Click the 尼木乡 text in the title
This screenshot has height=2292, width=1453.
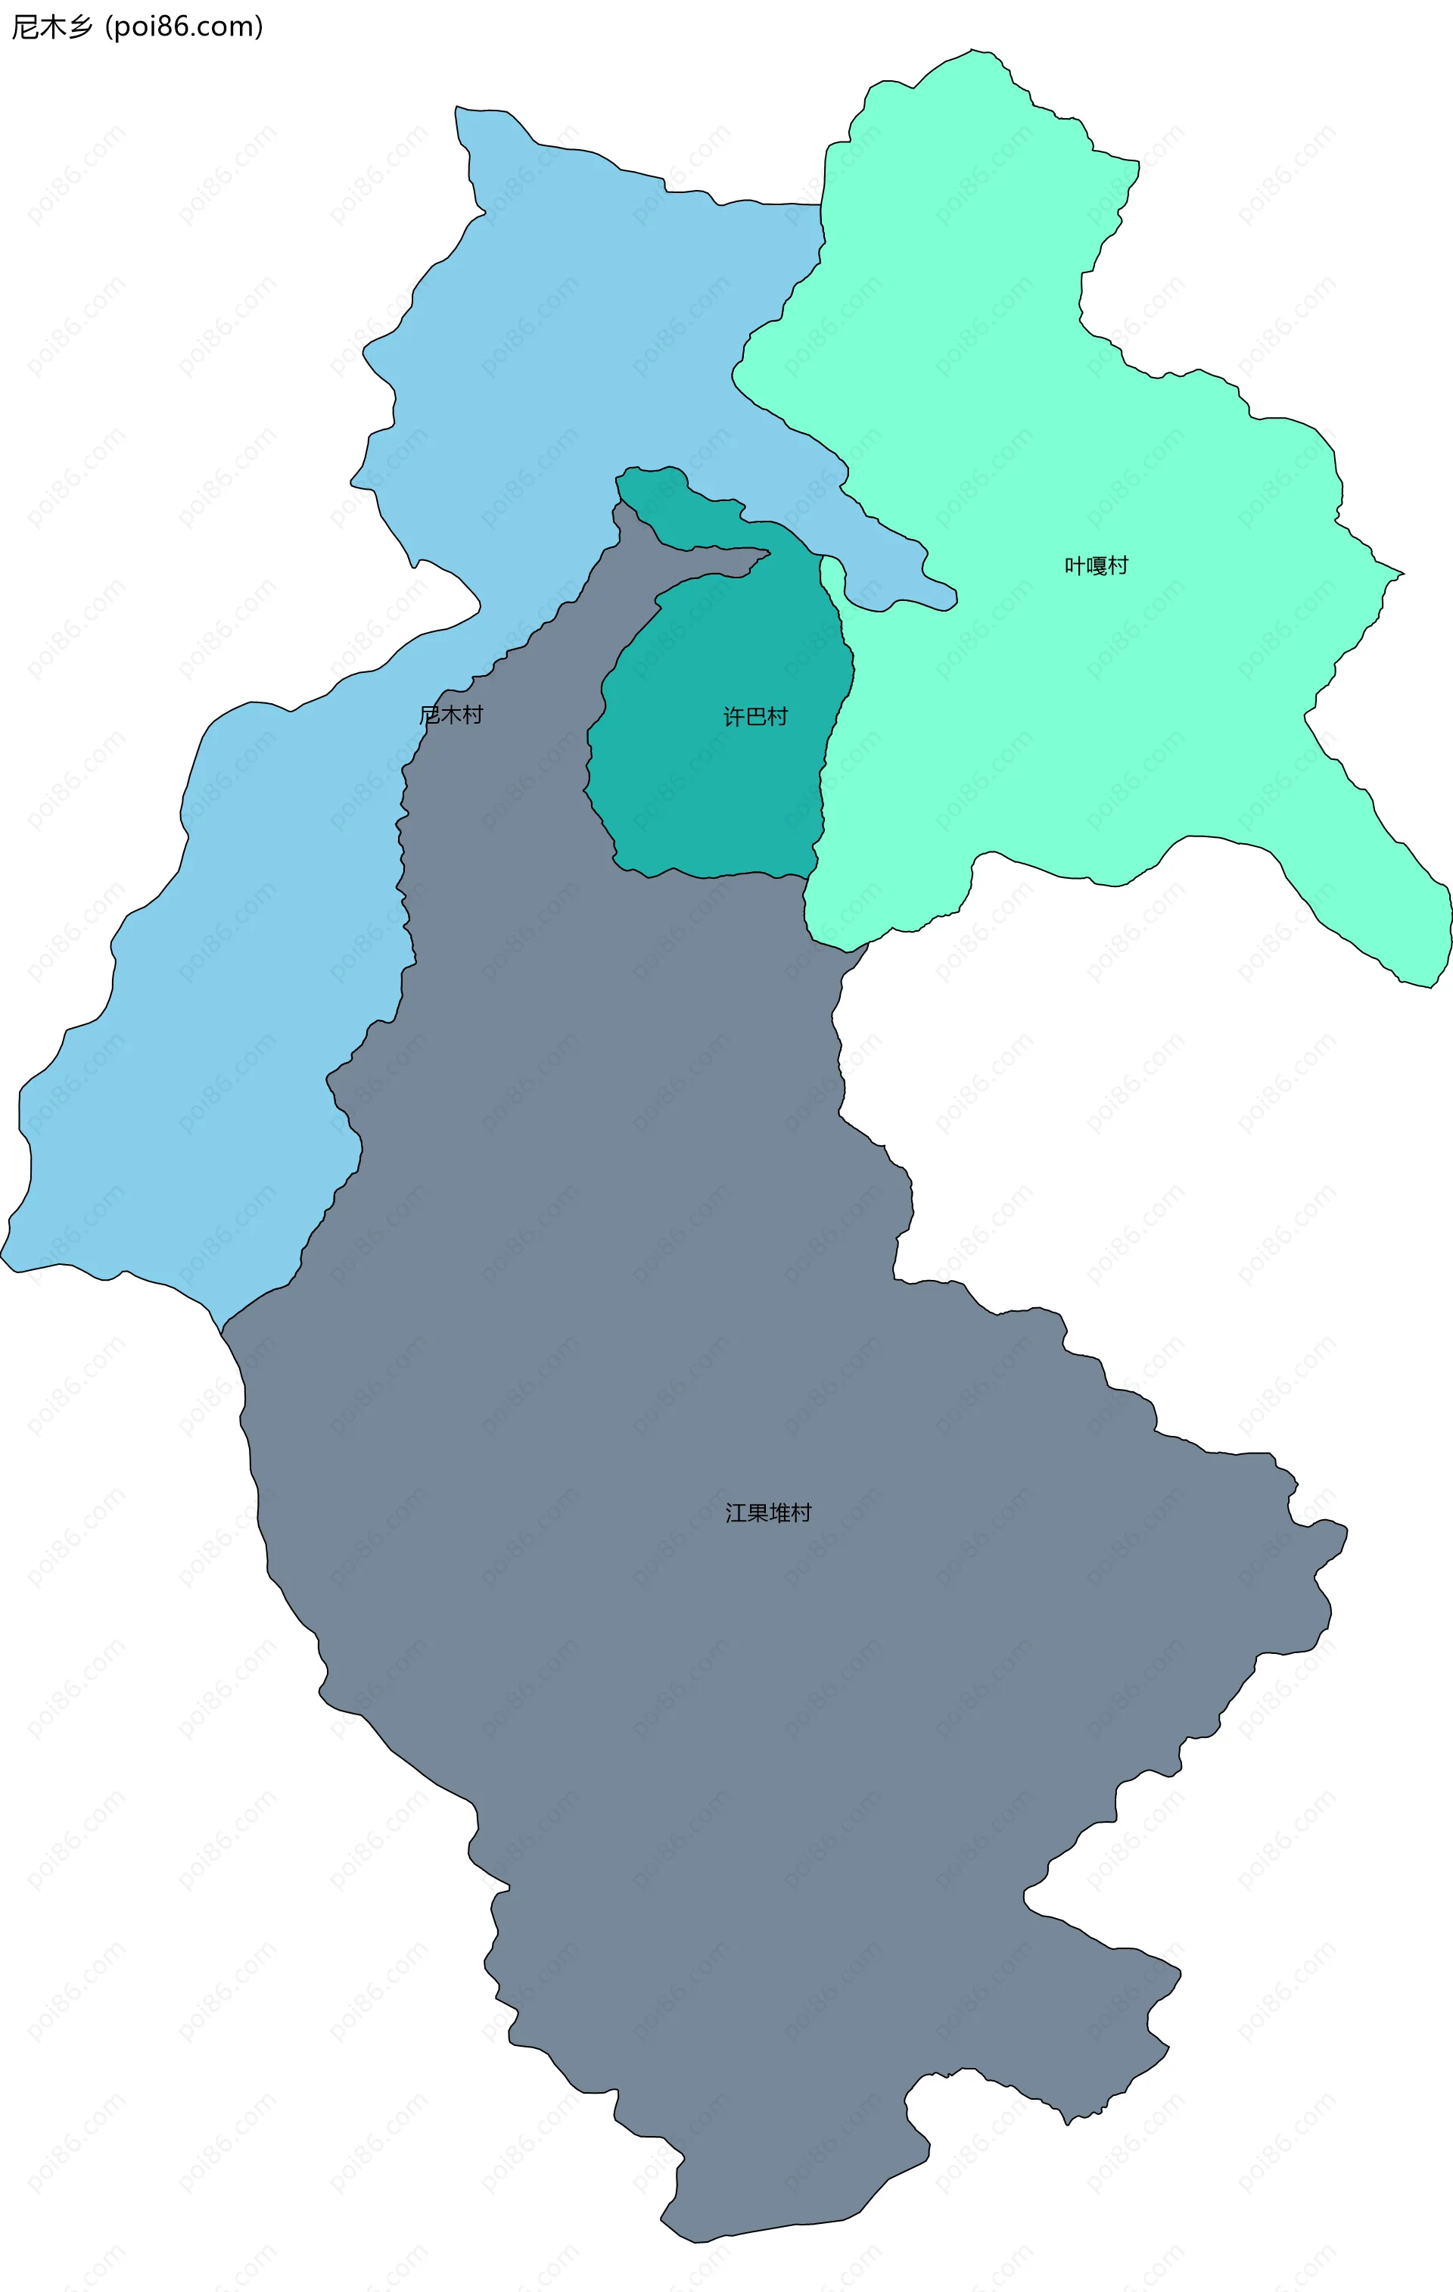click(52, 26)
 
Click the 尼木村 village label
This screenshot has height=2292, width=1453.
click(451, 715)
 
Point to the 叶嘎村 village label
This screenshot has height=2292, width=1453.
click(1096, 565)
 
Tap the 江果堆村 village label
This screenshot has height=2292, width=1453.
click(768, 1512)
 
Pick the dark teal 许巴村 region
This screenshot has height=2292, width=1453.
click(714, 790)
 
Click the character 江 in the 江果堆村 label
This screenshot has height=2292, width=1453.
click(736, 1512)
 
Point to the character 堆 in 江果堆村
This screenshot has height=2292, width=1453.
click(779, 1512)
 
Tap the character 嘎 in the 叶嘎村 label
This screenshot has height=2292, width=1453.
click(1096, 565)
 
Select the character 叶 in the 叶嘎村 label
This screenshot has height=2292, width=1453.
click(1075, 565)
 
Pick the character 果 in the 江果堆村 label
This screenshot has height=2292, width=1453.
click(758, 1512)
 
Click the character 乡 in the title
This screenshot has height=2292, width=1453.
click(80, 26)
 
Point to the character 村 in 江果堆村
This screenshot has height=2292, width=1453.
click(801, 1512)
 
